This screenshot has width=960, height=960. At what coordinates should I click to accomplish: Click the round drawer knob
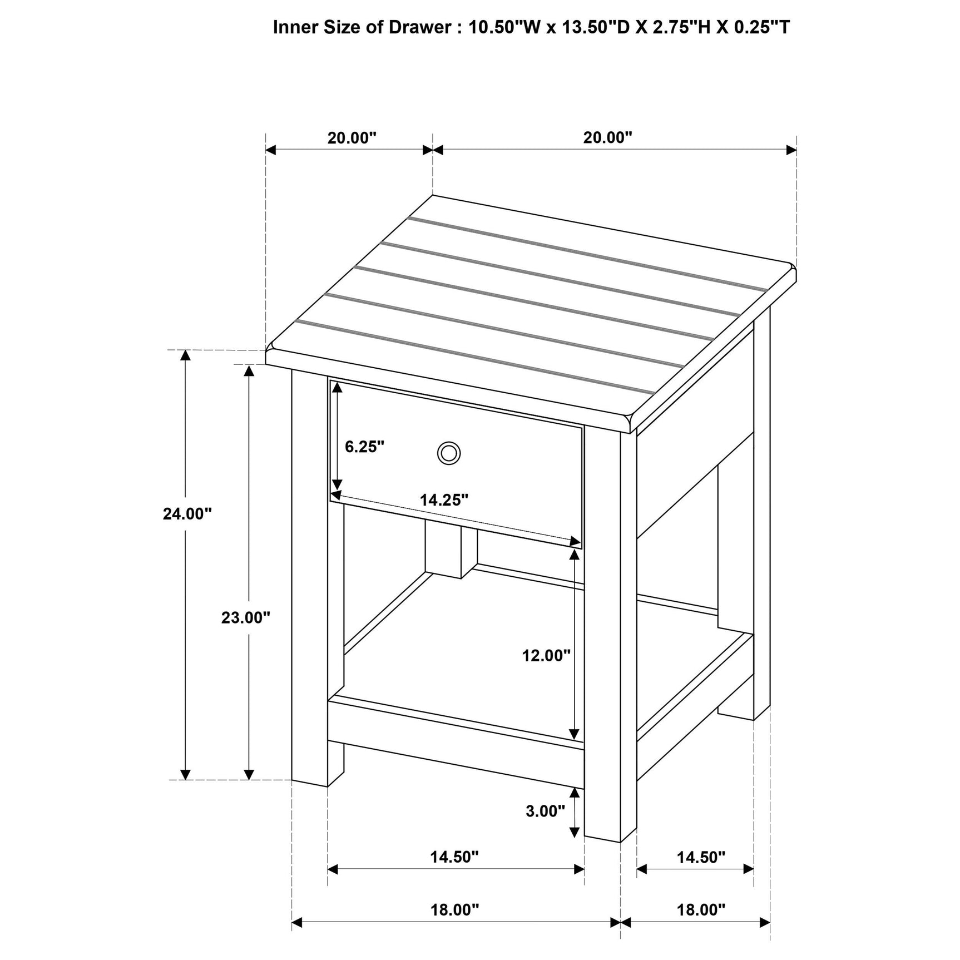tap(448, 453)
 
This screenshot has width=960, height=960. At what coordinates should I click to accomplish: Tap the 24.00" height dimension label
tap(187, 514)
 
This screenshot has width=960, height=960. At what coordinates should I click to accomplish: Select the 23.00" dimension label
tap(246, 617)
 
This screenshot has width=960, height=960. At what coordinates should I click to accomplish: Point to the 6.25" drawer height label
tap(365, 447)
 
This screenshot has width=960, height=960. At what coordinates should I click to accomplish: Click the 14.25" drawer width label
tap(444, 500)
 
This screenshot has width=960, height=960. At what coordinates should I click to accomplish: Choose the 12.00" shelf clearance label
tap(546, 656)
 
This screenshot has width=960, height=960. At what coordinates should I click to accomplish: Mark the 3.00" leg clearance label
tap(545, 811)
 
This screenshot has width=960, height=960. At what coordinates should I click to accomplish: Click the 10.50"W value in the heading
tap(504, 27)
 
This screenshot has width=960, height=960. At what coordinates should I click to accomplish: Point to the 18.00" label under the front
tap(454, 910)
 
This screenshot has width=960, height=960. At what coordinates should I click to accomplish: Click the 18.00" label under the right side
tap(701, 910)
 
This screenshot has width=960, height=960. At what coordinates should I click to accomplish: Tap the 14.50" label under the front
tap(454, 857)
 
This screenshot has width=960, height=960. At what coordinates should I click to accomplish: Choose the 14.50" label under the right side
tap(701, 857)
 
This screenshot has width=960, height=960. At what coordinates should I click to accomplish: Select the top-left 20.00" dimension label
tap(352, 138)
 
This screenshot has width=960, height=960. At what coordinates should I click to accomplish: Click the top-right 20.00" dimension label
tap(608, 138)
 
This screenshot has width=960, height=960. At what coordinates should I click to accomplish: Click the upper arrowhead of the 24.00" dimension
tap(185, 354)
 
